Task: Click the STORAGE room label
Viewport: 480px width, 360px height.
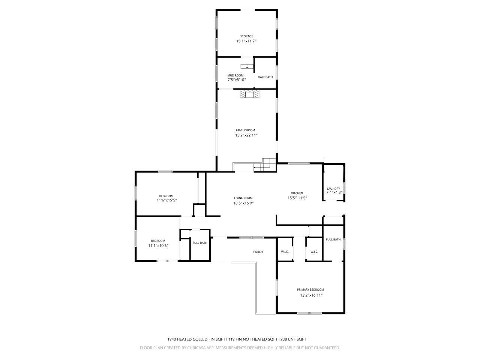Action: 246,36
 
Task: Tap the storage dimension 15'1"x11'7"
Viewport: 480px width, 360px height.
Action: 246,41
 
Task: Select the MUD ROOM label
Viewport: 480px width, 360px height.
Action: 235,75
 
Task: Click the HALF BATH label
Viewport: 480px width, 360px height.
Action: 265,77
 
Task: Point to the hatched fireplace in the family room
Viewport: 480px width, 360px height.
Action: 249,94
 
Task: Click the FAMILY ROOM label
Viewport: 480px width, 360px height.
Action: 245,130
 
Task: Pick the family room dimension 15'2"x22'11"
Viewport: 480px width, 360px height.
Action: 246,135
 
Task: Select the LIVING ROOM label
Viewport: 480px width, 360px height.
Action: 243,198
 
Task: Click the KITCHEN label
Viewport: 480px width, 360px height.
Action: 297,193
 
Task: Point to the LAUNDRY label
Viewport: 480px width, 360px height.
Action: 333,189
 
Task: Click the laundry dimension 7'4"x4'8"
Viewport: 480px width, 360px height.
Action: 334,192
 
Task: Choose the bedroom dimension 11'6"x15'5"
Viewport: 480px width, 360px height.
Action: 166,200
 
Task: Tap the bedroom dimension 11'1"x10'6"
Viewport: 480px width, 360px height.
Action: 158,246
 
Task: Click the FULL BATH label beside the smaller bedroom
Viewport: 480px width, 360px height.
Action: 200,243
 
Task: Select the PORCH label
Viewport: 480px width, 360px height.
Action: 258,252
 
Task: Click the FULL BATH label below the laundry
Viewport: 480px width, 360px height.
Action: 333,240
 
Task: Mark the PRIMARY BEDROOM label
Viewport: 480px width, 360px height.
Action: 310,289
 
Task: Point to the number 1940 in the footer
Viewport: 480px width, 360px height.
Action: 172,339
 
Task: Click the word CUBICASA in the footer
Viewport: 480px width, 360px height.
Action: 195,348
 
